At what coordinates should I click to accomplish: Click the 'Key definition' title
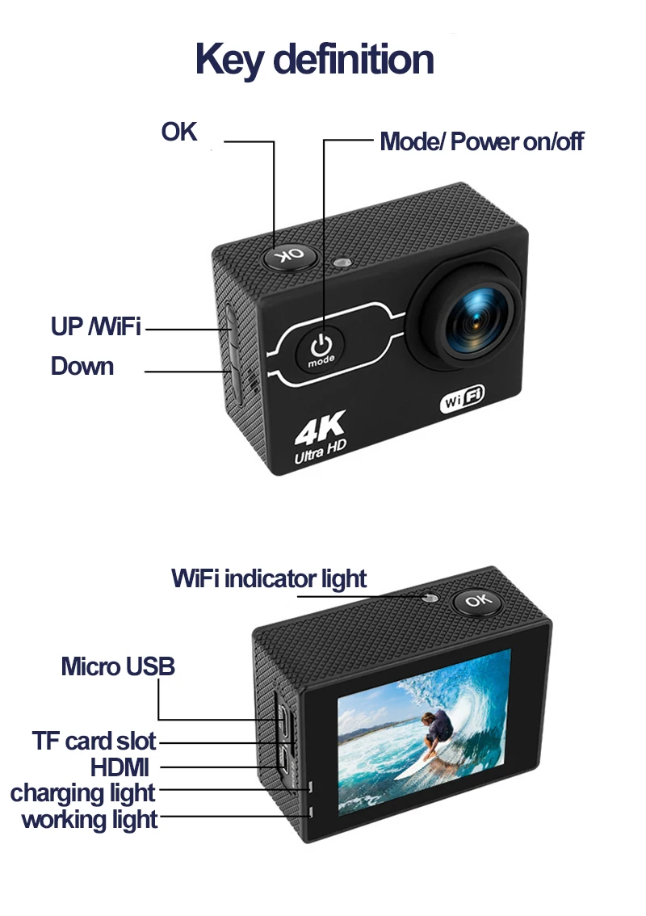[315, 60]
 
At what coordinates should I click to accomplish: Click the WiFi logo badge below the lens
[461, 398]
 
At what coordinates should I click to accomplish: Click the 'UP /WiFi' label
[95, 327]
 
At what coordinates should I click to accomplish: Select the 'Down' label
[82, 367]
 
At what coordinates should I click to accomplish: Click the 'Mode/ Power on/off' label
[481, 142]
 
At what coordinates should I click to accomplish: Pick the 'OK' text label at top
[179, 131]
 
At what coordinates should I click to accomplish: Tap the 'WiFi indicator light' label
[269, 579]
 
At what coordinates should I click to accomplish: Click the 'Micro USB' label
[118, 667]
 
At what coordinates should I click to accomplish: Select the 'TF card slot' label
[94, 741]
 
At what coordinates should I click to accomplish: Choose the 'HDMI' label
[120, 767]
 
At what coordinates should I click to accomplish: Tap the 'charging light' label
[83, 793]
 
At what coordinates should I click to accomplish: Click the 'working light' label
[90, 820]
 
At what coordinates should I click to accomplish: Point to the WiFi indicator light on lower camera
[429, 598]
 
